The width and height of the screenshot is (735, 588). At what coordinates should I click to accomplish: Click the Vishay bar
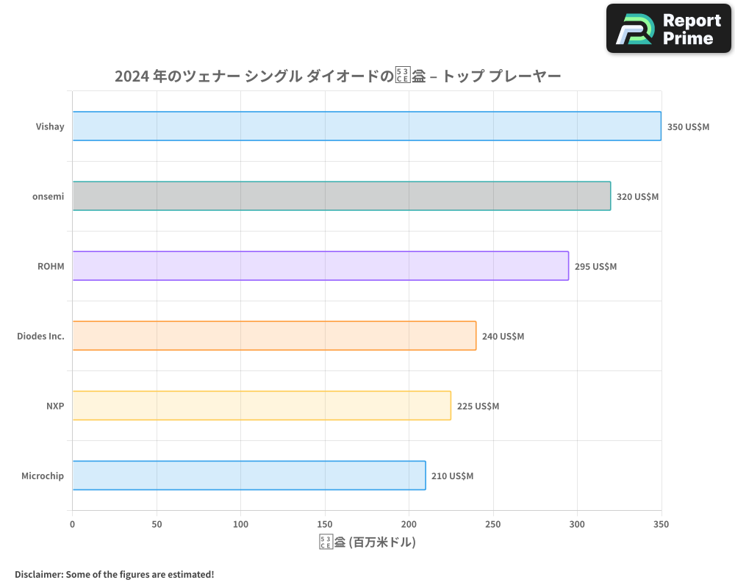coord(366,126)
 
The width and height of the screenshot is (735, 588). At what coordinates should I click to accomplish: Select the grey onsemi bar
coord(341,196)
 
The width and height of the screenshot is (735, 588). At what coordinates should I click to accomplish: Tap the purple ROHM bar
coord(320,266)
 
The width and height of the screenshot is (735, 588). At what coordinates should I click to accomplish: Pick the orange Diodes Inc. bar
coord(274,336)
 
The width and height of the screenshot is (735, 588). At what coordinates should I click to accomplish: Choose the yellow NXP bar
coord(262,406)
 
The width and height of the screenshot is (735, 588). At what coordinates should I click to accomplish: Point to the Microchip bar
coord(249,476)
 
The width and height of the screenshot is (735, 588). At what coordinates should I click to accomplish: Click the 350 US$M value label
coord(688,126)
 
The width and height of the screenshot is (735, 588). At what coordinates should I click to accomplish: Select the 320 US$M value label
coord(637,196)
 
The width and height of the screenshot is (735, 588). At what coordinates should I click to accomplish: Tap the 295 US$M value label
coord(595,266)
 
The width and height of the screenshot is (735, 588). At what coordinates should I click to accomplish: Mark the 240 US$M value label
coord(503,336)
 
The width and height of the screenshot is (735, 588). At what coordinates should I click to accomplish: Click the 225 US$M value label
coord(478,406)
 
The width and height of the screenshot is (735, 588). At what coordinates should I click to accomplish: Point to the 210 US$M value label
coord(452,476)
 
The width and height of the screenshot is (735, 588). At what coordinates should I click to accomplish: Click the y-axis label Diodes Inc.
coord(40,336)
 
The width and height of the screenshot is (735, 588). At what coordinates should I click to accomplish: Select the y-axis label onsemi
coord(48,196)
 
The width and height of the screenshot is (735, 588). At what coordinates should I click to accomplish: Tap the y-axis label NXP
coord(55,406)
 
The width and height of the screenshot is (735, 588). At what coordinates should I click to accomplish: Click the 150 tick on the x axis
coord(325,524)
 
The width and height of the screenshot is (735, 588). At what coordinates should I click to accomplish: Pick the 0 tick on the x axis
coord(72,524)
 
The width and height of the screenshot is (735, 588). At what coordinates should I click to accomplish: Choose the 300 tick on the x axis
coord(578,524)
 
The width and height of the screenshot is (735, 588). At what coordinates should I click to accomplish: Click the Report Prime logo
coord(669,29)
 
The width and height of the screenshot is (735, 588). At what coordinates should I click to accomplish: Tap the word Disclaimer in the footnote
coord(37,574)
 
